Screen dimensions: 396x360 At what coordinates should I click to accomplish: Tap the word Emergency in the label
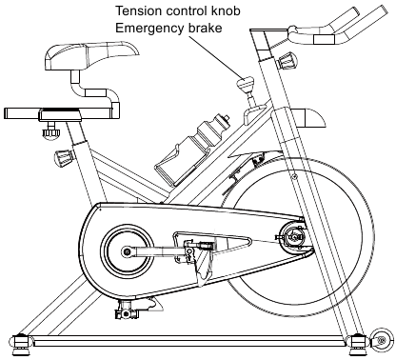point(147,28)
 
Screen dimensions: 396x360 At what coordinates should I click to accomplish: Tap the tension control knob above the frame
point(246,85)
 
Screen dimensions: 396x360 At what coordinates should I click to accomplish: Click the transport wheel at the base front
point(382,341)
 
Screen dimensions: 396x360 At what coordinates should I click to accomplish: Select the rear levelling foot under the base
point(21,344)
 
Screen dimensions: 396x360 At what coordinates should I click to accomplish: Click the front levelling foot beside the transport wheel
point(359,344)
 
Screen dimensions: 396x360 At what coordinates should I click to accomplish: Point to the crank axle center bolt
point(128,252)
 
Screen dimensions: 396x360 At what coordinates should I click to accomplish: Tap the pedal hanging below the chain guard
point(126,310)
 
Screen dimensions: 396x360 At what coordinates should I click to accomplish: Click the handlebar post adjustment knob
point(287,61)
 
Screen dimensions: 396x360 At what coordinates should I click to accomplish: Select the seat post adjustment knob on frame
point(64,157)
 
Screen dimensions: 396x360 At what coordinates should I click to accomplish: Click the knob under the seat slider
point(51,130)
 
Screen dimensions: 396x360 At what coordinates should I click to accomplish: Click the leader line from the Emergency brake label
point(215,57)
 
